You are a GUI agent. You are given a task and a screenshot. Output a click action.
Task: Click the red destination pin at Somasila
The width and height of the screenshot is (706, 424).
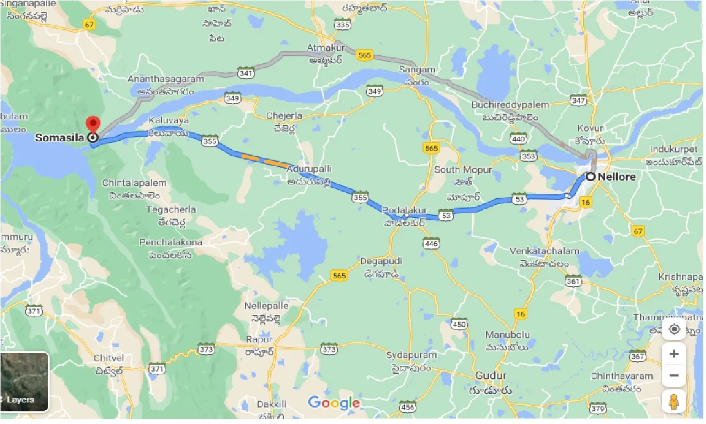click(94, 124)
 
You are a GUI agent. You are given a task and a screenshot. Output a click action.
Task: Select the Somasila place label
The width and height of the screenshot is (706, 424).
click(58, 137)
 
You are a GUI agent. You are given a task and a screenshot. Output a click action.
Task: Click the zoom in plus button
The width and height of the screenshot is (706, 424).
click(673, 353)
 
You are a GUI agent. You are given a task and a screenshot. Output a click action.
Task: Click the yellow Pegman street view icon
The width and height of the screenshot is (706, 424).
click(673, 402)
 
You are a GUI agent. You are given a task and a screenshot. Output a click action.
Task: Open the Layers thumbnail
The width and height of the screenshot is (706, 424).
click(24, 382)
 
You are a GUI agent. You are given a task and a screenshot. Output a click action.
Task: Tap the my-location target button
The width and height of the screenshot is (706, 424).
click(673, 330)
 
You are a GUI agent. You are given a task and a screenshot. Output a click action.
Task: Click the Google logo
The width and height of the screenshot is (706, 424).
click(334, 402)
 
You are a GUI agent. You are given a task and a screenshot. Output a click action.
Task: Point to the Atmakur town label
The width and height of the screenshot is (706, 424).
click(325, 48)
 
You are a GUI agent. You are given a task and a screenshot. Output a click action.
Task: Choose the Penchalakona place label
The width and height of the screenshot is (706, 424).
click(170, 242)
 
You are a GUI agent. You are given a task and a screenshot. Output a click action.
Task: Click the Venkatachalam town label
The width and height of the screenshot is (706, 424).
click(544, 251)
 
